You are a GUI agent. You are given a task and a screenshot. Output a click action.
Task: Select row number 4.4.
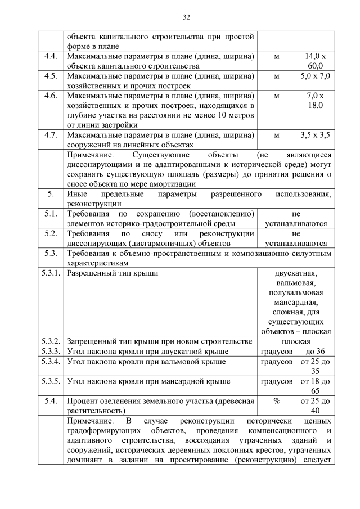(51, 57)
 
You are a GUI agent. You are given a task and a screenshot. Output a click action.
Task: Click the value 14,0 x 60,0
(316, 61)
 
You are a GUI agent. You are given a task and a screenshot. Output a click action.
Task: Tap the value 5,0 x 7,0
(316, 76)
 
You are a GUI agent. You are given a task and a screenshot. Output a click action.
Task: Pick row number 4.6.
(51, 96)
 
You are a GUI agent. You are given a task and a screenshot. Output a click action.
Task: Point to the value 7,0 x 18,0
(316, 100)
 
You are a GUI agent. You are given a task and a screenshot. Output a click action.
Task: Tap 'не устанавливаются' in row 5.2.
(296, 238)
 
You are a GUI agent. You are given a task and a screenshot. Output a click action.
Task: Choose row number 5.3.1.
(51, 273)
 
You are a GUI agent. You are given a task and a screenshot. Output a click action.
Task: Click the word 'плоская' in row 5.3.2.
(296, 341)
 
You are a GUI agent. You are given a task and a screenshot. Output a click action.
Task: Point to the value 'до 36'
(316, 352)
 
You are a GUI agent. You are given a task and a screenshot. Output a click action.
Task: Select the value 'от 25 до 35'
(316, 366)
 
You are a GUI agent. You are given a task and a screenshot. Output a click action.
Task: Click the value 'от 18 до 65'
(316, 386)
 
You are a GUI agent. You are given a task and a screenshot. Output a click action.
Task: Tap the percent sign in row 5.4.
(276, 401)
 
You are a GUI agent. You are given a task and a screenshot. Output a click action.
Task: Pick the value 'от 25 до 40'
(316, 406)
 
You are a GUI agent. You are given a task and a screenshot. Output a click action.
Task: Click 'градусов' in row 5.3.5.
(276, 381)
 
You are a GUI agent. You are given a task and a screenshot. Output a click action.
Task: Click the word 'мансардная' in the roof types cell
(296, 303)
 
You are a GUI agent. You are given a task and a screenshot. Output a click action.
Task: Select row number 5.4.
(51, 401)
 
